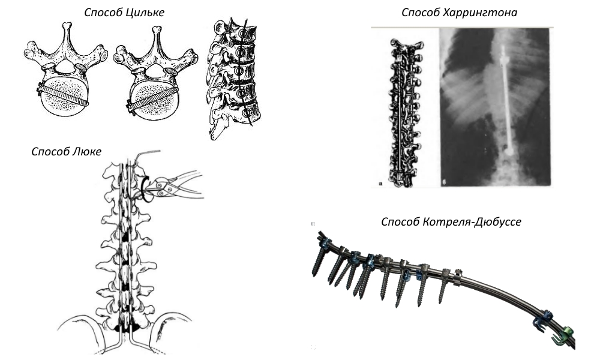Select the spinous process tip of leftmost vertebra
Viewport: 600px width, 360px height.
(x=67, y=27)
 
